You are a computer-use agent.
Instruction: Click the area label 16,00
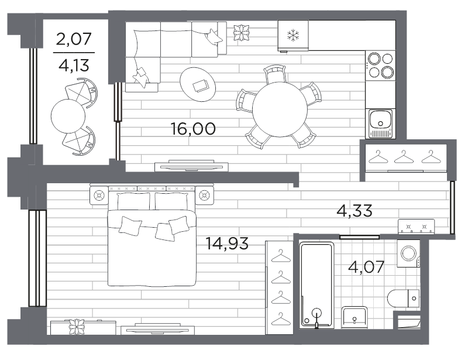click(x=193, y=129)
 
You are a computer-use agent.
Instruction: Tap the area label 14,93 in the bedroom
click(x=227, y=243)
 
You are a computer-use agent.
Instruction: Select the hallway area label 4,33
click(x=355, y=210)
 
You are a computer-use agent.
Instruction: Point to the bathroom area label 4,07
click(x=366, y=267)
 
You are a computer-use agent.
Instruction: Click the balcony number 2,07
click(x=74, y=39)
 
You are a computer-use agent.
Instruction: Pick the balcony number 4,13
click(x=74, y=65)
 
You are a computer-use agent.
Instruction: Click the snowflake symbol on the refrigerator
click(x=293, y=35)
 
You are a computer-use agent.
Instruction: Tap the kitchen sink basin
click(x=380, y=119)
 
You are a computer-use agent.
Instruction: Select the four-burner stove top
click(x=381, y=66)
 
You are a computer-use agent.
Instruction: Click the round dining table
click(x=280, y=109)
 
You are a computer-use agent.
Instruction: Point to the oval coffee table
click(x=198, y=84)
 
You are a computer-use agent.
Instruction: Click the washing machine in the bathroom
click(x=408, y=253)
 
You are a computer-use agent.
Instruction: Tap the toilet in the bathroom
click(x=403, y=298)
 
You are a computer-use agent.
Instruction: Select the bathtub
click(x=316, y=284)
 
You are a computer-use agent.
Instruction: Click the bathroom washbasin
click(x=355, y=317)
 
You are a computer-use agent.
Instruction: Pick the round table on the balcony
click(x=68, y=116)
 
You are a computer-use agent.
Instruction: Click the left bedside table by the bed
click(x=99, y=196)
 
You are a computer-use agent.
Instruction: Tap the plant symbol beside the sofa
click(x=241, y=32)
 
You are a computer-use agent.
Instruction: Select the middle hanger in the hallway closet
click(x=404, y=157)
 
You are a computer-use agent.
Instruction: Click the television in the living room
click(x=191, y=166)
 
